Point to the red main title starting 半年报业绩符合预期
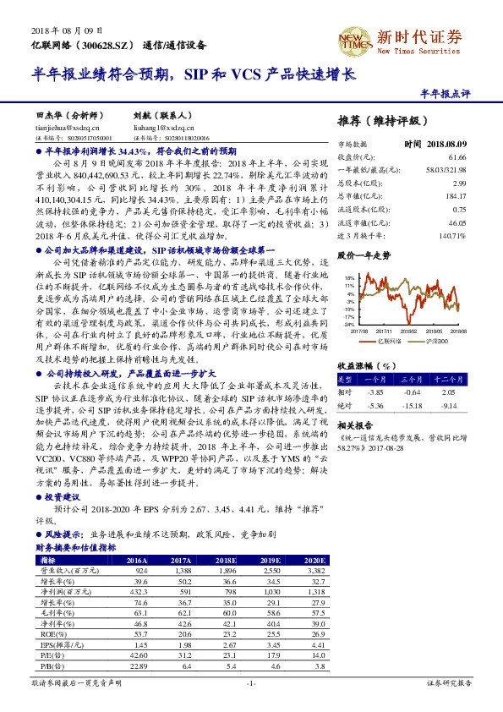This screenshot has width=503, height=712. (195, 74)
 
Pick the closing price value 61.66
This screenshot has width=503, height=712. (457, 157)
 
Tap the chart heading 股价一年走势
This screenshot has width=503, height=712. (364, 255)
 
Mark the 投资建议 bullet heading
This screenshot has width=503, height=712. (67, 497)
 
